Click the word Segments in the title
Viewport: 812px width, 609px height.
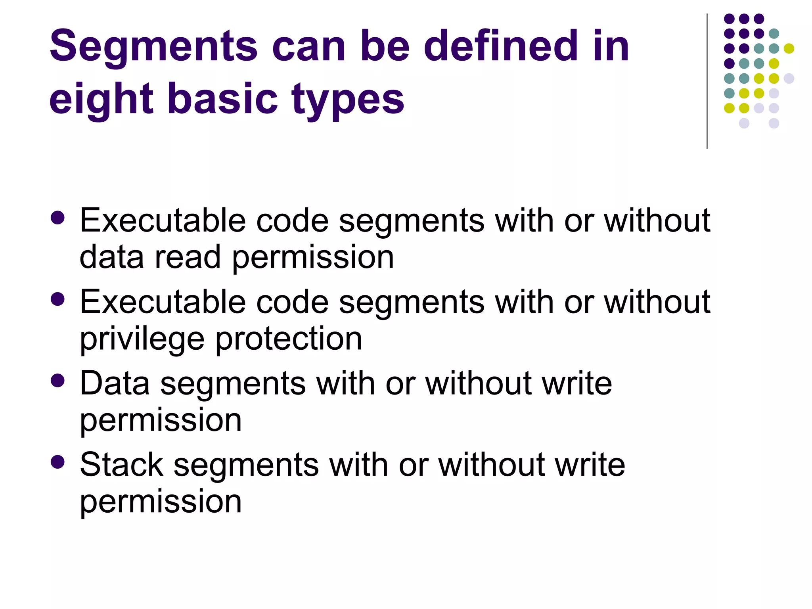click(x=153, y=47)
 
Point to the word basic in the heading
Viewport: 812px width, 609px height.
click(x=222, y=98)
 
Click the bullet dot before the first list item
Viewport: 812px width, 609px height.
click(x=58, y=218)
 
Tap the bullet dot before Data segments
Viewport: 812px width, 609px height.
click(x=58, y=381)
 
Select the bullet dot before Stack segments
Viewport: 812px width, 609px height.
click(x=58, y=462)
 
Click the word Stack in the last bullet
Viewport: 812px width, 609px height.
click(x=121, y=464)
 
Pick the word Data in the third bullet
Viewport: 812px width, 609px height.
click(x=115, y=383)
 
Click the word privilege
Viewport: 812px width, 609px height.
click(x=142, y=339)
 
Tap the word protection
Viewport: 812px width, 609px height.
click(x=289, y=339)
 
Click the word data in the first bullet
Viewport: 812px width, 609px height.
click(x=111, y=257)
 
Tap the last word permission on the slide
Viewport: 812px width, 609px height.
click(x=161, y=502)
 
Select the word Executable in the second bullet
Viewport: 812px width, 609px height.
click(x=163, y=302)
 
